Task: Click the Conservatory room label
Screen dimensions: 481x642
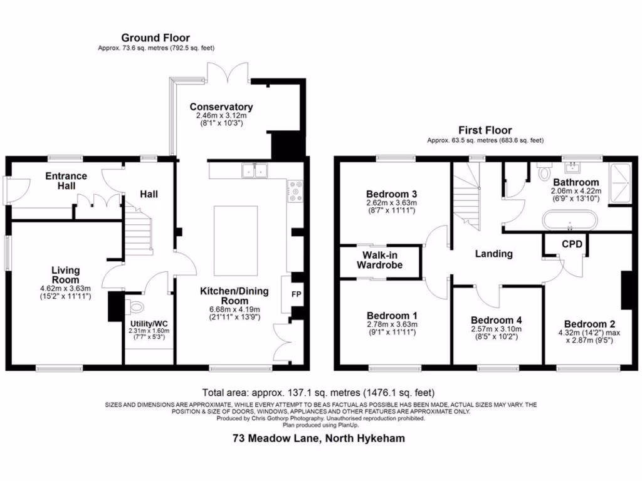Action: (x=221, y=107)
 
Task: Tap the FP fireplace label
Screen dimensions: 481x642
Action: (x=296, y=293)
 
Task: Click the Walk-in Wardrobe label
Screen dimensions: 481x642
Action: (x=379, y=260)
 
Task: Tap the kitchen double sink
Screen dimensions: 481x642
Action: (x=256, y=170)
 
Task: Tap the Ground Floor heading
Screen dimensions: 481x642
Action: (x=155, y=38)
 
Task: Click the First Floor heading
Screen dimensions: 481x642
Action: (x=485, y=130)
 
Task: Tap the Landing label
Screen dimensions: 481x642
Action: (x=493, y=254)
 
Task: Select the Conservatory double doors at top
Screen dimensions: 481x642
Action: (x=222, y=73)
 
